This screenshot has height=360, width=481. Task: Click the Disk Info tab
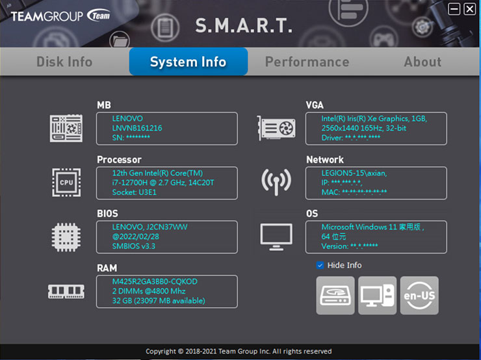(x=64, y=62)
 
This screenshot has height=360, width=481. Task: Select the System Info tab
(x=188, y=62)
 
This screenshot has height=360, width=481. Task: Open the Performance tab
(x=307, y=62)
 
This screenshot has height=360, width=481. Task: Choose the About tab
(x=422, y=62)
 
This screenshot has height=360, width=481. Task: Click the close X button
(x=469, y=9)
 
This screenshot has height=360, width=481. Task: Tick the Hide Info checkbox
(x=320, y=265)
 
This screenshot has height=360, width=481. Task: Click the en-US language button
(x=419, y=296)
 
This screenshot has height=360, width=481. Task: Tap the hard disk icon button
(x=335, y=296)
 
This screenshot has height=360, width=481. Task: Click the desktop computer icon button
(x=377, y=296)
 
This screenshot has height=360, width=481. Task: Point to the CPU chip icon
(x=66, y=183)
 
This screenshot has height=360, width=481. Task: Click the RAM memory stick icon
(x=66, y=292)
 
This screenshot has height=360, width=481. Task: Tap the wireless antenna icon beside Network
(x=276, y=183)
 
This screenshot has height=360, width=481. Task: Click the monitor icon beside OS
(x=276, y=237)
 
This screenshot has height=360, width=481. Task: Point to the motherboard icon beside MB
(x=66, y=128)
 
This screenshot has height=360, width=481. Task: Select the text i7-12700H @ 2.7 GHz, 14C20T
(x=163, y=183)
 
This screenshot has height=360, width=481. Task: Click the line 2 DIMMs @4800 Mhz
(x=149, y=291)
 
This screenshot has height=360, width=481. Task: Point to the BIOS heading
(x=107, y=213)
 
